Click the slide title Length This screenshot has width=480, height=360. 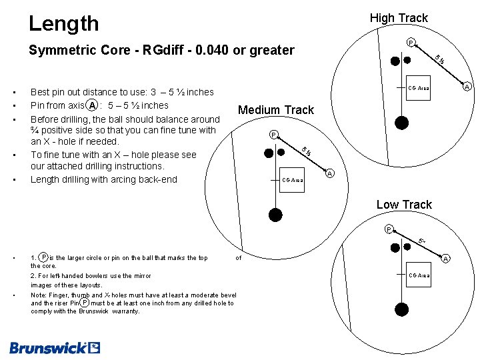tap(64, 24)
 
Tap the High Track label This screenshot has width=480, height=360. tap(399, 18)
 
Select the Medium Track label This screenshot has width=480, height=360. tap(276, 110)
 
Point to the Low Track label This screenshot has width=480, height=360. tap(404, 205)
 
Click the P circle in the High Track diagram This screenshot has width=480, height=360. tap(411, 43)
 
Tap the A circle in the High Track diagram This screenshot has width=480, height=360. tap(467, 87)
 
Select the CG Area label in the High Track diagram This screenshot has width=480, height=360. tap(419, 89)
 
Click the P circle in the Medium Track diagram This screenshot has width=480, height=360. tap(273, 135)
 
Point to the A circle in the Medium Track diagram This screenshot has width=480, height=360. tap(330, 174)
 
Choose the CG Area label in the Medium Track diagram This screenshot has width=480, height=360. tap(293, 180)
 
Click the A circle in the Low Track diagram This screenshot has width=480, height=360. tap(446, 259)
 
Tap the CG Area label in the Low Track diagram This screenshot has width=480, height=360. tap(419, 275)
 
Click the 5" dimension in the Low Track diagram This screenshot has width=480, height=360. tap(422, 241)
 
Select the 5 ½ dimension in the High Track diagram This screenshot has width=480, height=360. tap(440, 59)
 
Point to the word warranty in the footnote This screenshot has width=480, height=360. tap(126, 311)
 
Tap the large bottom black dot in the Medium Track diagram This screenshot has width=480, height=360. tap(275, 214)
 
